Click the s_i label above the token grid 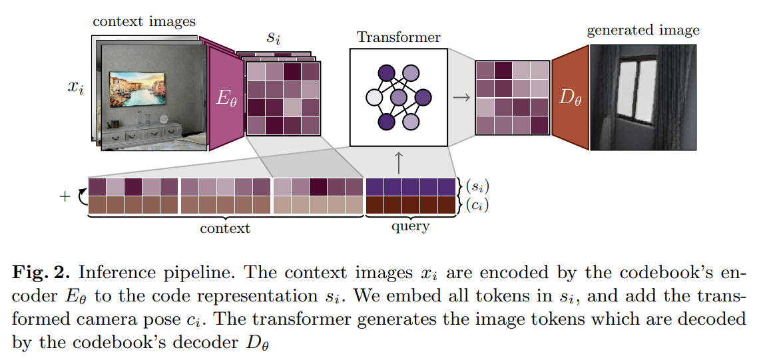273,37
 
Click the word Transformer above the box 398,37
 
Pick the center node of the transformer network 398,98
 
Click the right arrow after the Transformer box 460,98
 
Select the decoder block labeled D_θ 569,98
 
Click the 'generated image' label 642,31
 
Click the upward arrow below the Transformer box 399,161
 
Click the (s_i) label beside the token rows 476,186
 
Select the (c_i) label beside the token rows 476,206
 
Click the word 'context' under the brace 225,229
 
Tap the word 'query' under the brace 411,227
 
